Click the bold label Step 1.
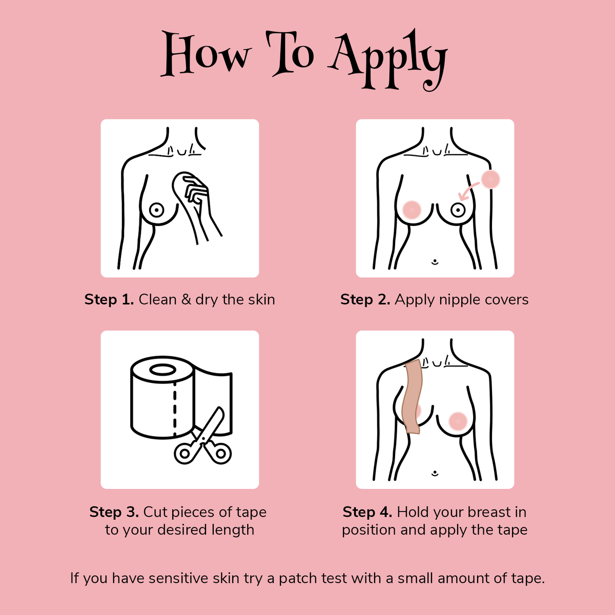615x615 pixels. (x=109, y=300)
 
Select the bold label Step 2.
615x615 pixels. (x=365, y=300)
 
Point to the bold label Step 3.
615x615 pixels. (x=114, y=512)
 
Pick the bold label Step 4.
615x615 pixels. (x=367, y=512)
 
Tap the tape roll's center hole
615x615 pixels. (x=162, y=370)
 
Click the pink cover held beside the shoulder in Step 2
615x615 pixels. (x=490, y=179)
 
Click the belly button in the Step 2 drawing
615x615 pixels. (x=435, y=262)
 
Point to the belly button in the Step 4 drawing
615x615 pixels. (x=435, y=473)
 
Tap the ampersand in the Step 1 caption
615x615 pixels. (x=186, y=300)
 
